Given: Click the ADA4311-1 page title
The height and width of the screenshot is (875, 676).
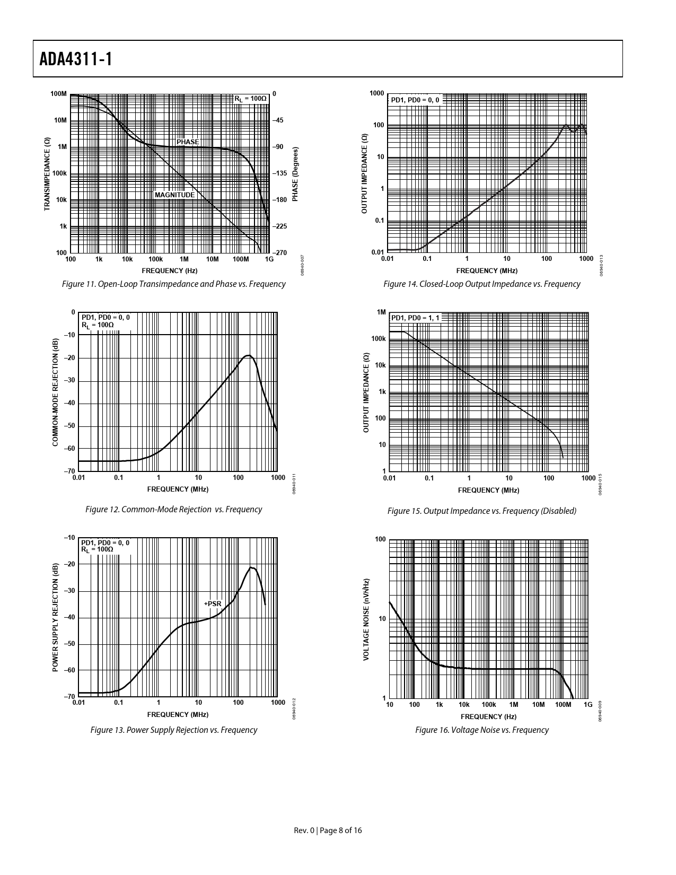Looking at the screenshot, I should (x=76, y=59).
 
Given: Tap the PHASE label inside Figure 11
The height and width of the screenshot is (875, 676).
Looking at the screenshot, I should (x=188, y=142).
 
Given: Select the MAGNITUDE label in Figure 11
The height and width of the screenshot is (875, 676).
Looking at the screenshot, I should (x=174, y=195).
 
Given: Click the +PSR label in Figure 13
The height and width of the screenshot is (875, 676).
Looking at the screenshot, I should (x=213, y=603).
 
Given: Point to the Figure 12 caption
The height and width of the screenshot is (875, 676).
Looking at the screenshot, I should (x=173, y=510).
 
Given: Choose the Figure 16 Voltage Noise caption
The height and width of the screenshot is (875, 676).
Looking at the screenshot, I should (x=481, y=730).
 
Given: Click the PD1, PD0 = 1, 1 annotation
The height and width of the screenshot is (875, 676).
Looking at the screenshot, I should (x=415, y=318).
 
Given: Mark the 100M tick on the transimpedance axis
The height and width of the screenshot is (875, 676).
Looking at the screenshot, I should (x=59, y=94).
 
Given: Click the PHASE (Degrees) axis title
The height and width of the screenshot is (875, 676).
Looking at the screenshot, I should (x=295, y=174).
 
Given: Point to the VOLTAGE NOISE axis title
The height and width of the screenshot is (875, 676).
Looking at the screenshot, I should (x=366, y=619).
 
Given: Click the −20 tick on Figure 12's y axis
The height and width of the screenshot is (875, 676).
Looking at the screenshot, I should (x=69, y=358).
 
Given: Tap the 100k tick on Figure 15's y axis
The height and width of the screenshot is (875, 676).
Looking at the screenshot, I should (x=379, y=339).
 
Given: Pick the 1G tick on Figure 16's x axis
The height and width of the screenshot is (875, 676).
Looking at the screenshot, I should (x=587, y=705).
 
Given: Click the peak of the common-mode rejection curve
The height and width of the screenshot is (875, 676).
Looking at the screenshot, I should (x=248, y=355).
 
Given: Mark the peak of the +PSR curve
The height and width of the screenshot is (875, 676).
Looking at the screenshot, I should (x=252, y=568).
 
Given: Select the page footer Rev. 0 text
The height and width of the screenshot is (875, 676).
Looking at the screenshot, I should (x=328, y=830).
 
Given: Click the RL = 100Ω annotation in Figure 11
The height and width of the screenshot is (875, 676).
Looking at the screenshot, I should (x=250, y=99).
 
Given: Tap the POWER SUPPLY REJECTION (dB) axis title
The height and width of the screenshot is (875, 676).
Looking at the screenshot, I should (x=55, y=618).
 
